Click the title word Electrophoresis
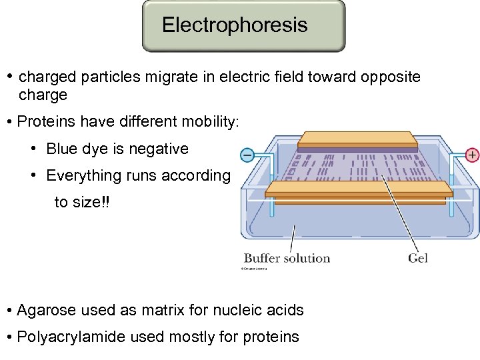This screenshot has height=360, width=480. click(x=235, y=25)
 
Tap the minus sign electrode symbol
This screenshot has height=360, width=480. click(x=247, y=155)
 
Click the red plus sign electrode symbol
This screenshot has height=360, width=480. click(x=472, y=155)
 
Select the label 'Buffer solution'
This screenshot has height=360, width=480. click(x=287, y=258)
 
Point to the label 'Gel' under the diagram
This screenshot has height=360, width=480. click(x=418, y=258)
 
